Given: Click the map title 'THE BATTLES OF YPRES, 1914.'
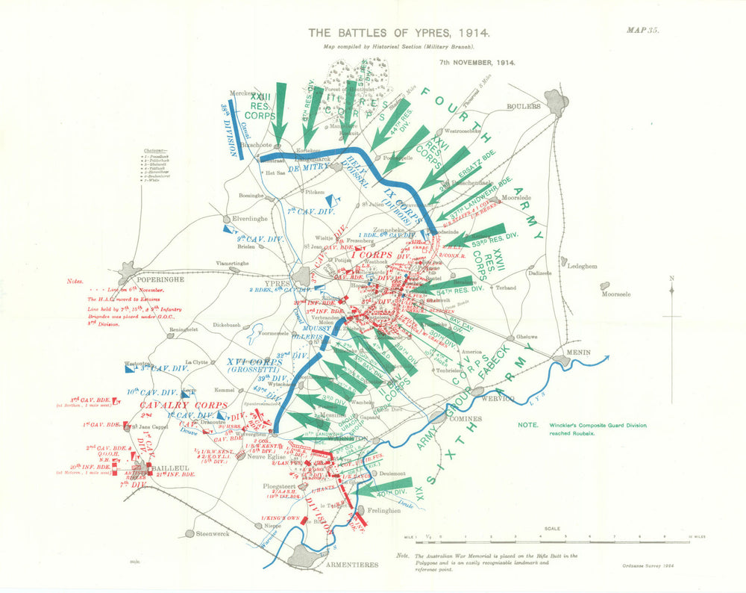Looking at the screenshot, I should click(x=398, y=34).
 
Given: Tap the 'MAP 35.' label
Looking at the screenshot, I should click(x=642, y=31).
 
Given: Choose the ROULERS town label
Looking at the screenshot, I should click(x=524, y=106).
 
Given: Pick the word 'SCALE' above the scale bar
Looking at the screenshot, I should click(x=553, y=528).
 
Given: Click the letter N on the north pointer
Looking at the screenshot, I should click(x=672, y=279).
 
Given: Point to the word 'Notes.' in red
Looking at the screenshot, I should click(x=75, y=281).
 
